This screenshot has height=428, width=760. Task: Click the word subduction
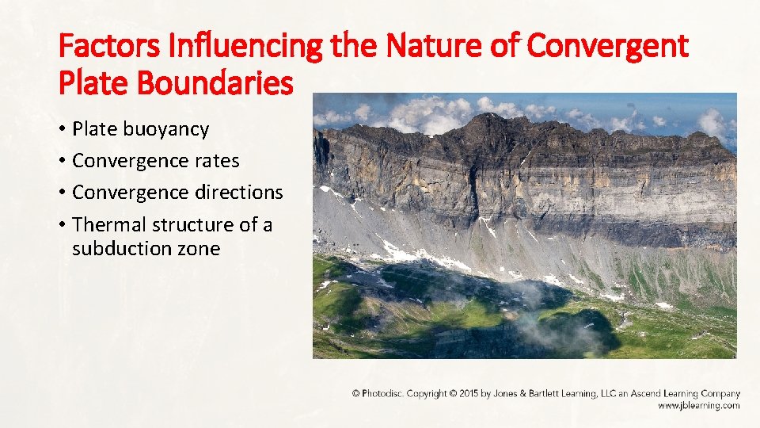pos(123,249)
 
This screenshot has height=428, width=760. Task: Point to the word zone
pos(199,249)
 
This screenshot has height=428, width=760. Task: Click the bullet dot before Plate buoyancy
pos(62,129)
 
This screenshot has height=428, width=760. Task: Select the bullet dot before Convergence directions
pos(62,193)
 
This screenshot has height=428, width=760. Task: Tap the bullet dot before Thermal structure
pos(62,225)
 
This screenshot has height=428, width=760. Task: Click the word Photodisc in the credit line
pos(382,394)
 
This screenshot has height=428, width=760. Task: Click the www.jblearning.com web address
pos(699,405)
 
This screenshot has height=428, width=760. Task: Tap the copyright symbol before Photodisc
pos(356,394)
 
